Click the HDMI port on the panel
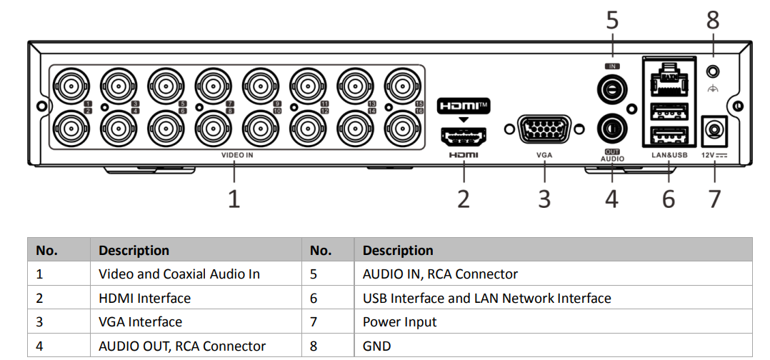[464, 135]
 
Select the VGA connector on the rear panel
[544, 131]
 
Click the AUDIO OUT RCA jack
[611, 129]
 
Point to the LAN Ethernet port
[669, 80]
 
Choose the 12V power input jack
[714, 131]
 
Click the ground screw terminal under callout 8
[712, 72]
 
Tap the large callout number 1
[234, 198]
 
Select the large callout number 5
[612, 21]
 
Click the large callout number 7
[714, 198]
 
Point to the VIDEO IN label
[237, 154]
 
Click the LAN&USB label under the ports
[669, 154]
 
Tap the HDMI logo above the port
[464, 106]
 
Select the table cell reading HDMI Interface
[144, 299]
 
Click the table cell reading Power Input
[399, 322]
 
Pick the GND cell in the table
[376, 346]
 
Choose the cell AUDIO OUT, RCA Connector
[181, 346]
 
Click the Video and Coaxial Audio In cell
[179, 274]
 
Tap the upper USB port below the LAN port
[669, 111]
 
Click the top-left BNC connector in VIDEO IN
[70, 87]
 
